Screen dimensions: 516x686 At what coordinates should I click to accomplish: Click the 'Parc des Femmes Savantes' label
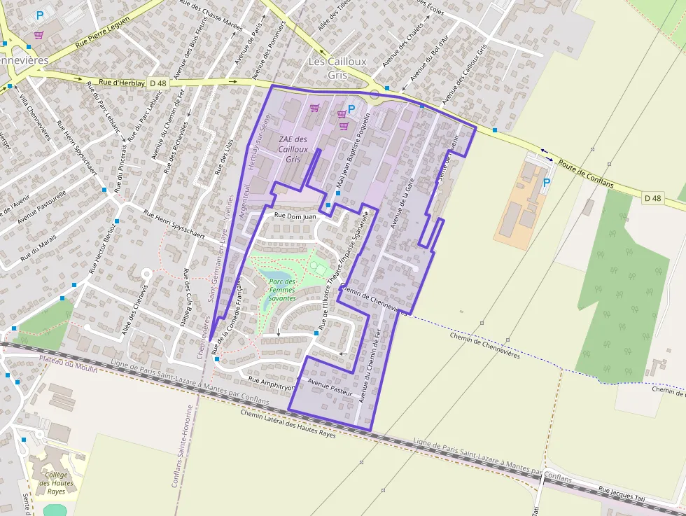click(282, 290)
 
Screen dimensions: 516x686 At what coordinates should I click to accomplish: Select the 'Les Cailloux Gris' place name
click(337, 67)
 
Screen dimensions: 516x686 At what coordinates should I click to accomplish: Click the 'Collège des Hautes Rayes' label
click(57, 483)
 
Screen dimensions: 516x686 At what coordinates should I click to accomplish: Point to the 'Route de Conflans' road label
click(586, 174)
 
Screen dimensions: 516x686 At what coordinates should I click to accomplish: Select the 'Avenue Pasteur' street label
click(330, 387)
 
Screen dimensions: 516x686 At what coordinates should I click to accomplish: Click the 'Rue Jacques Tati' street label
click(622, 495)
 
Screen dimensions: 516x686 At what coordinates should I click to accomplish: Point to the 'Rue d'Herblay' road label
click(122, 83)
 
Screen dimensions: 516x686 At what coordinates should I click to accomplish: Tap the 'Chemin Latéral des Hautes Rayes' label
click(287, 424)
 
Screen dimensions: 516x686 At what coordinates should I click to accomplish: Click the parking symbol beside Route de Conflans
click(546, 182)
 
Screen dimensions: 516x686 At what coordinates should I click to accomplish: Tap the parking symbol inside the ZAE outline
click(351, 109)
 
